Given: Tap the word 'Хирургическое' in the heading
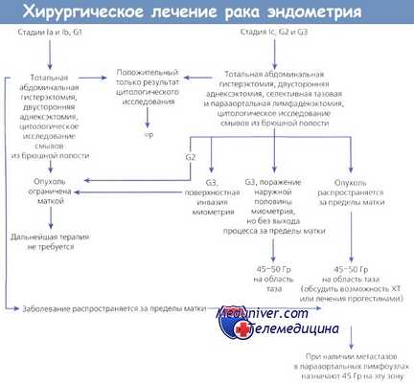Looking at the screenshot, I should (x=78, y=12).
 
